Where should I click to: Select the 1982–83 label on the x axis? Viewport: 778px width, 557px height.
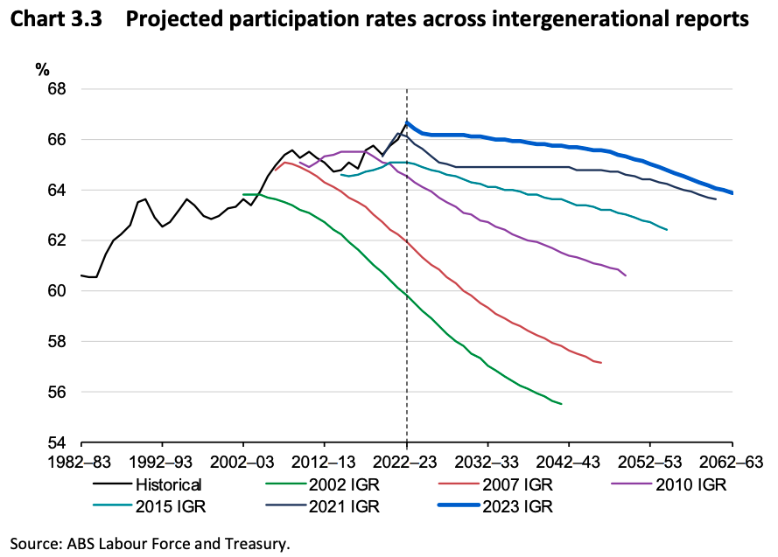81,461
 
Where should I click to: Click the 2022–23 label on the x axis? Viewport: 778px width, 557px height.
407,461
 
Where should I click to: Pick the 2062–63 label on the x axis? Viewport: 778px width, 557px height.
732,461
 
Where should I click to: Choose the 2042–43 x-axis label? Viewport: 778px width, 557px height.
570,461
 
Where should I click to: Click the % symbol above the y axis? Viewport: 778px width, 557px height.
42,67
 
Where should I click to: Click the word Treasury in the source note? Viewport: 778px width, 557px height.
256,543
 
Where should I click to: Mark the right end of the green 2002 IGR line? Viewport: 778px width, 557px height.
561,404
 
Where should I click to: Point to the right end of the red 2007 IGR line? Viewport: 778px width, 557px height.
601,363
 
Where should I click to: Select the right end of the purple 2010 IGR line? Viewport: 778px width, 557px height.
626,275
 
